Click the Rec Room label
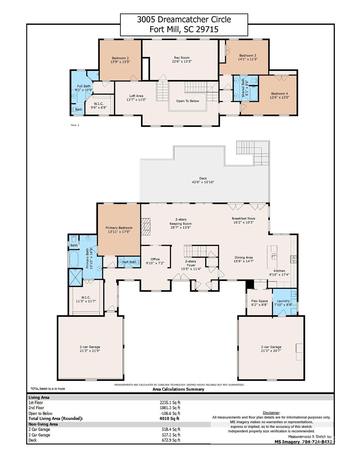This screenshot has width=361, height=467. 182,58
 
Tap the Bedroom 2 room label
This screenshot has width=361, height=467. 120,58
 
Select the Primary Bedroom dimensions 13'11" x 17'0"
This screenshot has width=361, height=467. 119,232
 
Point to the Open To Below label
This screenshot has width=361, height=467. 188,101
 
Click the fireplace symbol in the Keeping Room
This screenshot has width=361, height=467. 147,225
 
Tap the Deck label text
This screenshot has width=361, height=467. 203,178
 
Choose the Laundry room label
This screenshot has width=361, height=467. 283,301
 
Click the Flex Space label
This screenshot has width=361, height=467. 259,301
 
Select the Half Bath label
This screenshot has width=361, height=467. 129,262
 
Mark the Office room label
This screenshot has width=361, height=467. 155,259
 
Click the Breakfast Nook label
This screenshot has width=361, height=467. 243,218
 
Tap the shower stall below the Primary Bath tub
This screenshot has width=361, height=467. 75,277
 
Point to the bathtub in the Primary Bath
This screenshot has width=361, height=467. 74,259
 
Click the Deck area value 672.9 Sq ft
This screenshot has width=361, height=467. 171,440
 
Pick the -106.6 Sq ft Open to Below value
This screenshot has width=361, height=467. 170,413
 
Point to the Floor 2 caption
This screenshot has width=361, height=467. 75,125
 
